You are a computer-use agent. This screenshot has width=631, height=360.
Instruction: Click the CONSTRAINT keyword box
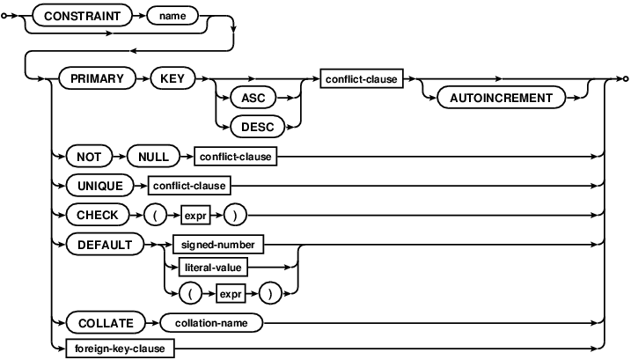(x=77, y=16)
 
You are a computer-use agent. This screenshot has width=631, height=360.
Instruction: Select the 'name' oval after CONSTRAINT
(x=172, y=16)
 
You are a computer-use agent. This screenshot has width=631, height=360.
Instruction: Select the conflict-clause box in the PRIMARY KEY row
(x=361, y=78)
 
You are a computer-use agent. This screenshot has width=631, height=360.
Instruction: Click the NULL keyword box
(x=152, y=157)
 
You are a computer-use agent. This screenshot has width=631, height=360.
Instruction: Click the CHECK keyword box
(x=94, y=214)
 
